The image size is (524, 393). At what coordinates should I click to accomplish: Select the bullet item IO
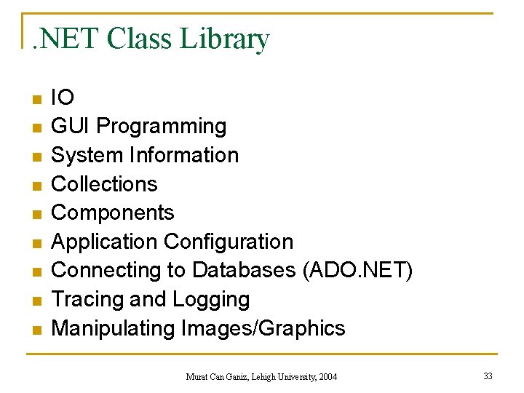tap(63, 98)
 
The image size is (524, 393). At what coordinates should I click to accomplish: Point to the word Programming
tap(161, 127)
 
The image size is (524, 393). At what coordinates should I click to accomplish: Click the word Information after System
tap(183, 155)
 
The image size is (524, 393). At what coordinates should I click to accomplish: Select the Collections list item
tap(104, 184)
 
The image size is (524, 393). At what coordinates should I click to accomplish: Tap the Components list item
tap(113, 213)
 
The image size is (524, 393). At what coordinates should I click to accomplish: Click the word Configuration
tap(229, 242)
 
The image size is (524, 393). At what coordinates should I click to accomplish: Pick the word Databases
tap(244, 271)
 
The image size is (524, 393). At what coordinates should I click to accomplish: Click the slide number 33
tap(488, 376)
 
